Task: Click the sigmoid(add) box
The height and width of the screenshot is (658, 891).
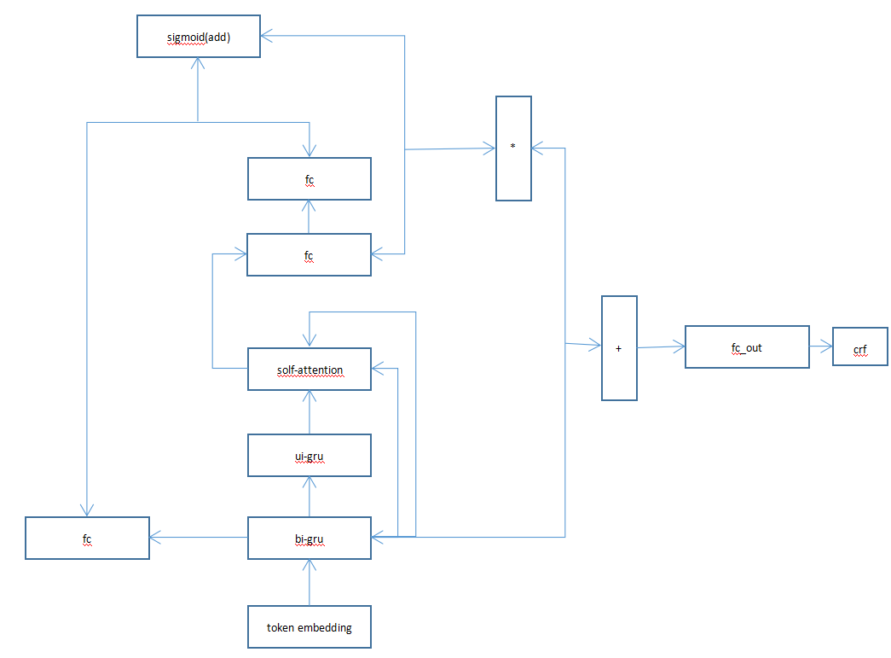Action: point(199,37)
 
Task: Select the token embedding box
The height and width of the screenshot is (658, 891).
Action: point(310,627)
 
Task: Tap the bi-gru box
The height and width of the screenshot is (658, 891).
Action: point(310,539)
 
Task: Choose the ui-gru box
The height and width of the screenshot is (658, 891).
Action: point(310,456)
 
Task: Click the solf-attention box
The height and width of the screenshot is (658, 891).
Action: point(310,370)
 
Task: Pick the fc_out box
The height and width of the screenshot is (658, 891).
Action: point(747,347)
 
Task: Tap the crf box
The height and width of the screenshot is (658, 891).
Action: point(860,346)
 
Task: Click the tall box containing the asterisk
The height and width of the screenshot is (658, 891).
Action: point(513,148)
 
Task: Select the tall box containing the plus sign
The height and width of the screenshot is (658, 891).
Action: point(619,348)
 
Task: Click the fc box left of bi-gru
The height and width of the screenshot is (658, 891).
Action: point(87,539)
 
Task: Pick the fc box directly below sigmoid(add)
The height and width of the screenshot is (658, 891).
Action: point(310,179)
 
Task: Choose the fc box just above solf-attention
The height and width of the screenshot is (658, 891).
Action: point(310,255)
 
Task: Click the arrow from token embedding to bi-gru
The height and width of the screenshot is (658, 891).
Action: point(310,583)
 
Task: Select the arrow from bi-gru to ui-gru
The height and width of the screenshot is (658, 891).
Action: point(310,497)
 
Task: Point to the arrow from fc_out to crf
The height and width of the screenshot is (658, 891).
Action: point(821,347)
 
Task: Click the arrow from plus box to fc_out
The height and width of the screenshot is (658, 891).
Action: point(662,346)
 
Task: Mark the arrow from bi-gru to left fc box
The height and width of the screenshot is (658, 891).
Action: point(199,538)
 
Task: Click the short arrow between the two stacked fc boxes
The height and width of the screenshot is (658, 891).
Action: point(310,217)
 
